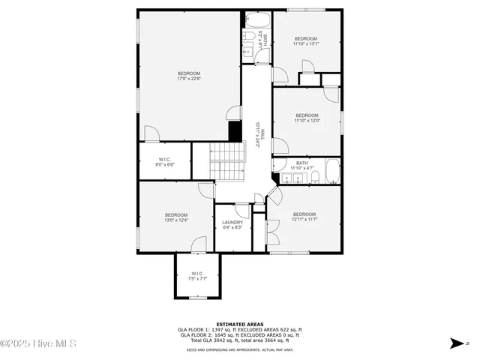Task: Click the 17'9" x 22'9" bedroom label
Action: coord(188,75)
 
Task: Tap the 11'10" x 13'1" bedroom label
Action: coord(306,41)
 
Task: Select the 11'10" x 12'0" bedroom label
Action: coord(306,118)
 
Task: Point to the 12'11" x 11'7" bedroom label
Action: coord(304,217)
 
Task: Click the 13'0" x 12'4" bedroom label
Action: coord(175,217)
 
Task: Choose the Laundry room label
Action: coord(232,225)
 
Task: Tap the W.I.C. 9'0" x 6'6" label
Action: coord(165,161)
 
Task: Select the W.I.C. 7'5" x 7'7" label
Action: coord(196,276)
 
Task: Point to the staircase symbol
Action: coord(228,159)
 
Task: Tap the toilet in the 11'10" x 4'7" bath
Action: coord(316,178)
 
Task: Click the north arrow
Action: coord(455,344)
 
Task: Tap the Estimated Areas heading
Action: coord(240,324)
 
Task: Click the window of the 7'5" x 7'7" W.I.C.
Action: coord(196,298)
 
